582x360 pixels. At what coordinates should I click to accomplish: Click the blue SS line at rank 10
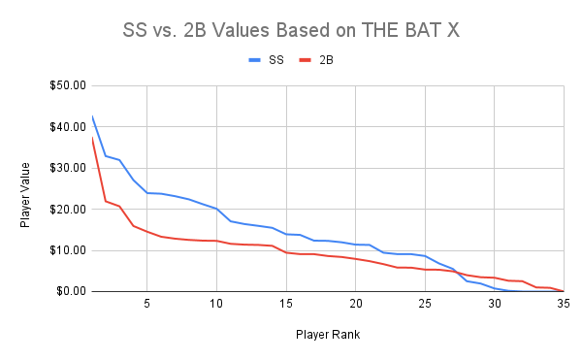coord(216,209)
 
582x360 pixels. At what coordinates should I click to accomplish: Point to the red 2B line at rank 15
coord(286,252)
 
